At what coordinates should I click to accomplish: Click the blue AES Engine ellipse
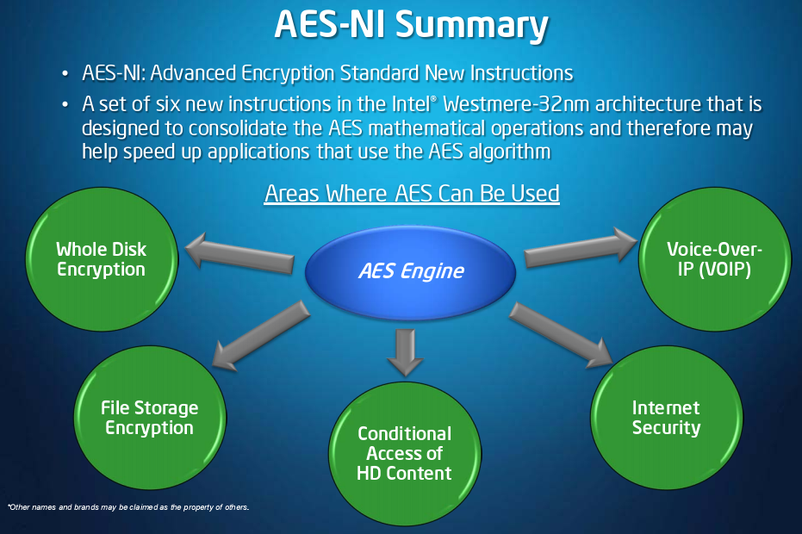click(410, 272)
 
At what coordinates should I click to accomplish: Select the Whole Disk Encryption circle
click(102, 258)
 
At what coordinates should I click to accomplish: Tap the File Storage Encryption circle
click(150, 418)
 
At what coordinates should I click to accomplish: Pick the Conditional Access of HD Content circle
click(405, 454)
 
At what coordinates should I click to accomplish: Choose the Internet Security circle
click(667, 418)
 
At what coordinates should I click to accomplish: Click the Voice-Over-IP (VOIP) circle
click(714, 258)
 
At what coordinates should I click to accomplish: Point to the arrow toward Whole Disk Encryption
click(239, 252)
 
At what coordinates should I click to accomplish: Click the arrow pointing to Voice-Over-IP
click(581, 247)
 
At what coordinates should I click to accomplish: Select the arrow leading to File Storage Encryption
click(260, 336)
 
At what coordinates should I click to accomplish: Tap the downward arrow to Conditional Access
click(405, 352)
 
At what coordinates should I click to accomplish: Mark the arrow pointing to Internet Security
click(561, 334)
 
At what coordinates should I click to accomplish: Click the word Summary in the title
click(472, 25)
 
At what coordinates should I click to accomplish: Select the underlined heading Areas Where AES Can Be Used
click(412, 194)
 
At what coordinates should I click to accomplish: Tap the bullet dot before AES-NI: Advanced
click(65, 74)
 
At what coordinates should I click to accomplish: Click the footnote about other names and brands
click(128, 507)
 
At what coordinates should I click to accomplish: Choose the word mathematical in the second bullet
click(426, 127)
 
